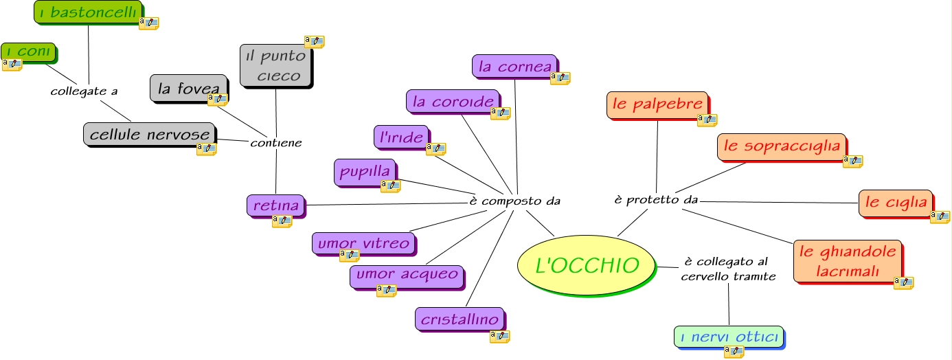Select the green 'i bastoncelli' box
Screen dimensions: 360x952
[88, 12]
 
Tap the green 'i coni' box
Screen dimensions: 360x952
[27, 52]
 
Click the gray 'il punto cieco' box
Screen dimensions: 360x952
[275, 65]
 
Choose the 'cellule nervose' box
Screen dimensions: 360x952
[150, 135]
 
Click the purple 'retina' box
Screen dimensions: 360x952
[276, 205]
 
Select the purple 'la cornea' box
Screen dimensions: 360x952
[514, 66]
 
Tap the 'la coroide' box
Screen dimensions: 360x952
[453, 101]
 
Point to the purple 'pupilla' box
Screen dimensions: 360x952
[365, 171]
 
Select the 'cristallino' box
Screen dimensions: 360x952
[460, 319]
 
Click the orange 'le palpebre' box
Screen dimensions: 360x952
[657, 104]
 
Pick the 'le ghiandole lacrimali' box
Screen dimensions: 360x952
[848, 260]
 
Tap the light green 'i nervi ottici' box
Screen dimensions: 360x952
[728, 337]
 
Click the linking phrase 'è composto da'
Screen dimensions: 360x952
[514, 201]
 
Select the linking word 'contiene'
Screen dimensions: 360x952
[275, 143]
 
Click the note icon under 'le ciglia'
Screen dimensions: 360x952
[940, 216]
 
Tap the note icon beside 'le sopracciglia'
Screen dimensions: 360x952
[852, 161]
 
